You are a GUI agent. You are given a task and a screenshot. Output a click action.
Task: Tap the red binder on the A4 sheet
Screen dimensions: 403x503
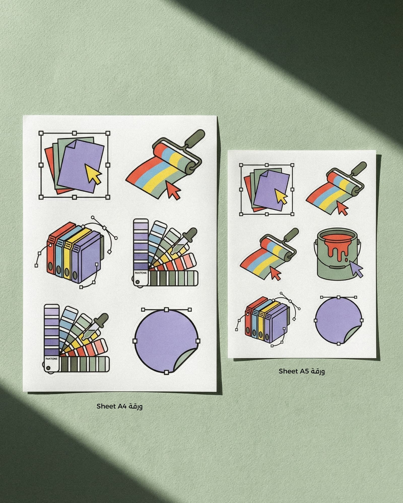click(53, 252)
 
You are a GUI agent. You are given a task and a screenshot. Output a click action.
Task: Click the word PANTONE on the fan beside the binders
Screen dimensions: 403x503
click(141, 273)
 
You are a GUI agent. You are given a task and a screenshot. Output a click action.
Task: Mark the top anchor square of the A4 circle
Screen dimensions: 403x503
click(166, 309)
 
